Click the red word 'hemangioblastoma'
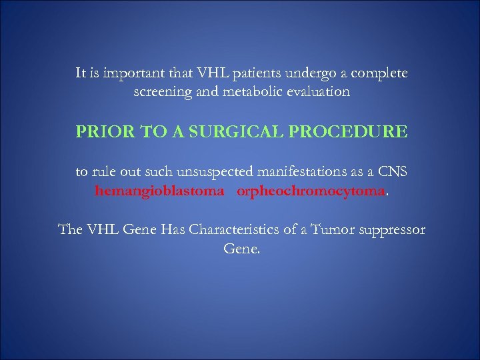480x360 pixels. [151, 192]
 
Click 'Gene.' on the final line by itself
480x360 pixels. [241, 250]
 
